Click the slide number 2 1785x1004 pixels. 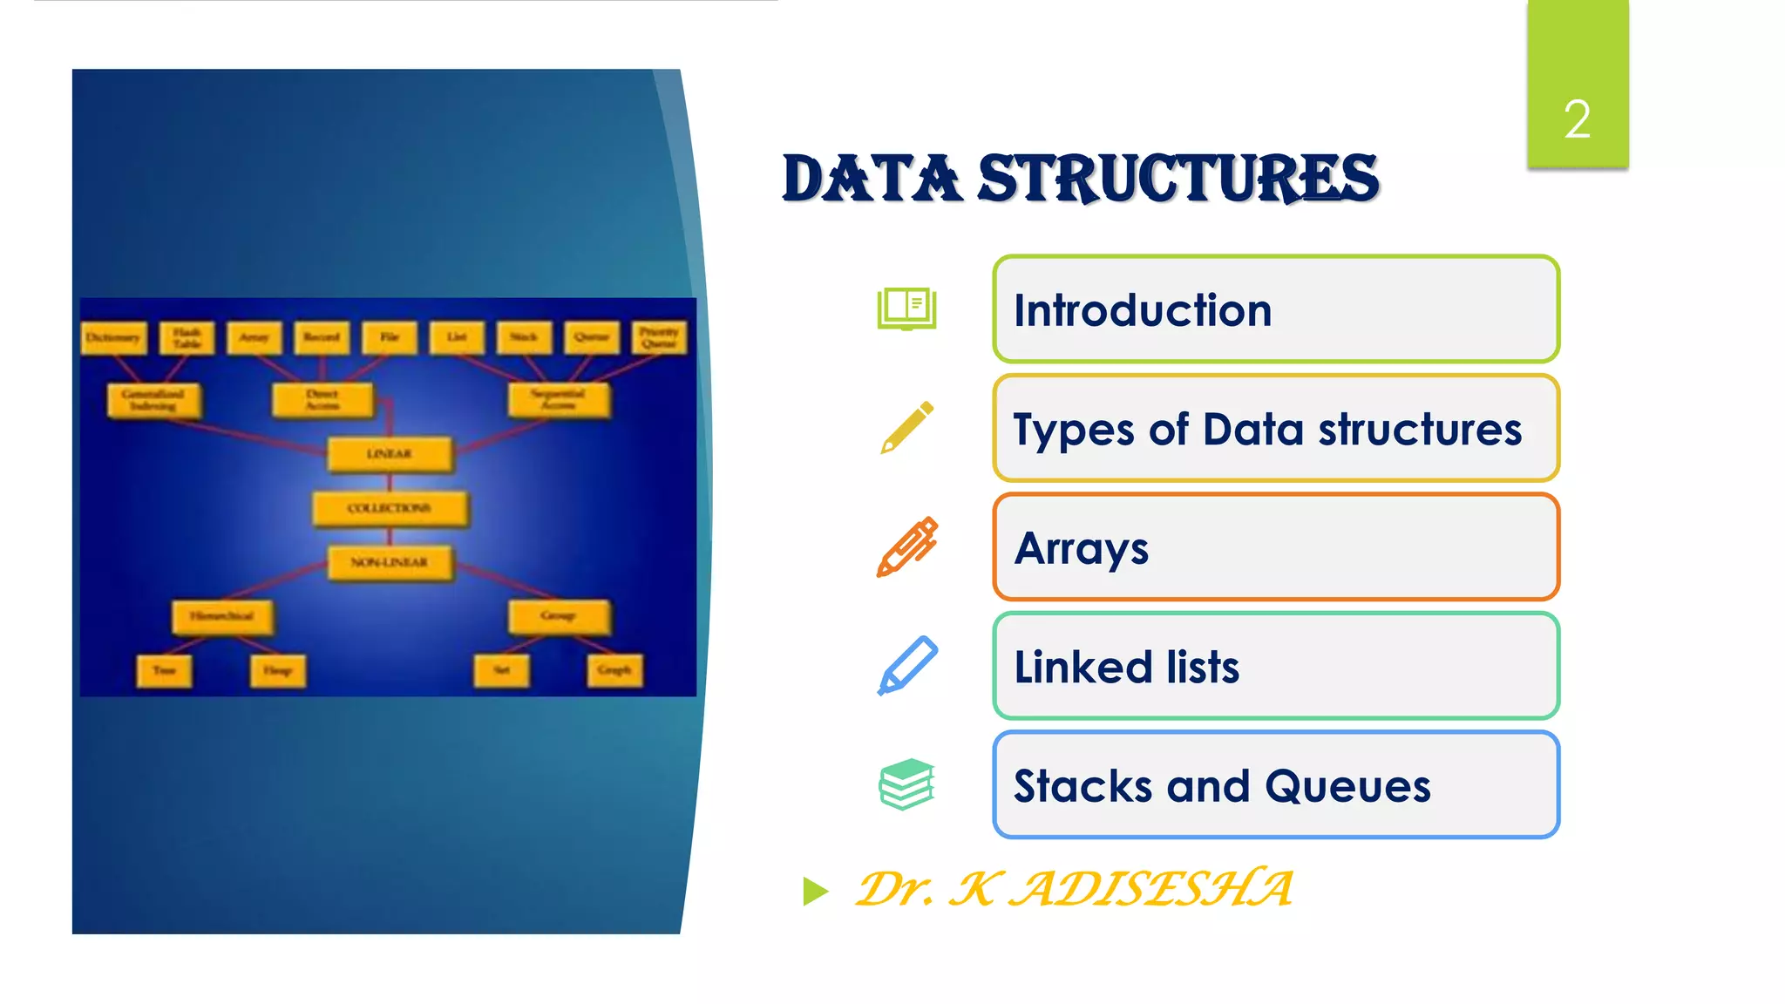1577,119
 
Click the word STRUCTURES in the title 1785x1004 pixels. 1178,179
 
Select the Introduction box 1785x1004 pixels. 1275,309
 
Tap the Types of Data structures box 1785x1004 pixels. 1275,429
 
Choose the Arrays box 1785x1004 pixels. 1275,547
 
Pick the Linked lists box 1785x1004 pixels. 1275,667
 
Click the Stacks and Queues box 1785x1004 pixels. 1275,785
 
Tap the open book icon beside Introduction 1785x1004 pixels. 906,309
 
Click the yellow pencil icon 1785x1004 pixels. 906,428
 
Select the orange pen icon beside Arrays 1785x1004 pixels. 906,547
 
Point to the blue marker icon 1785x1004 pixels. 906,666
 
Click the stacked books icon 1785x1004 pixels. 906,784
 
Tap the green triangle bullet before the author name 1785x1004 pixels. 815,891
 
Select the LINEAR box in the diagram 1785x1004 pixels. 390,454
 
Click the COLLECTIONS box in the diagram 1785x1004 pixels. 390,508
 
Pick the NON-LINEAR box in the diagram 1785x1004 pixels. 390,562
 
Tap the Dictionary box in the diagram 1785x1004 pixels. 113,337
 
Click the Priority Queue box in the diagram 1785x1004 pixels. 659,337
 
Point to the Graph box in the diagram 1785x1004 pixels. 614,670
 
